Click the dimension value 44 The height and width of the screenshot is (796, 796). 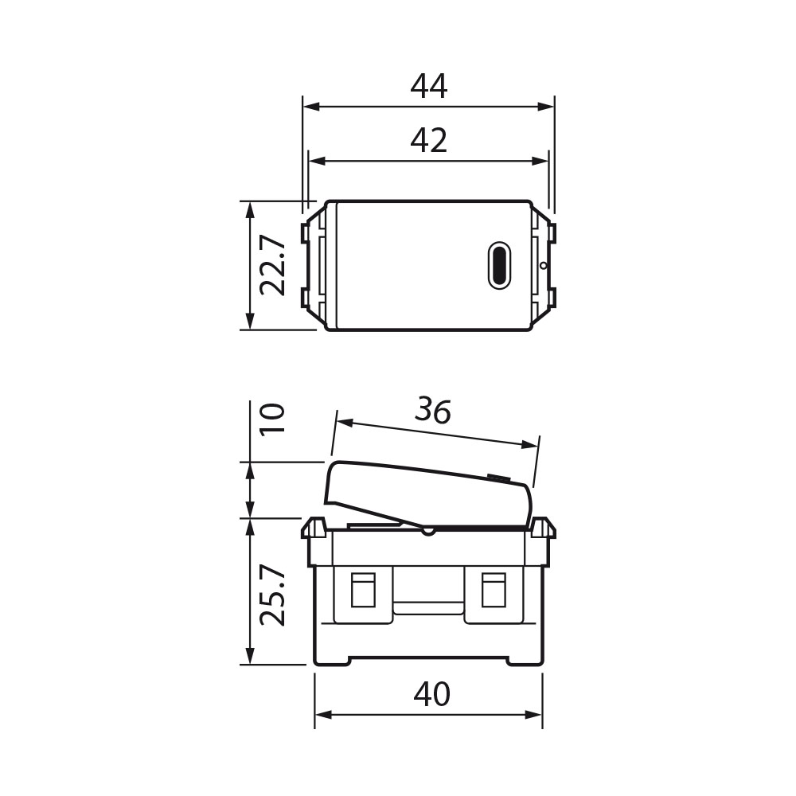(x=429, y=86)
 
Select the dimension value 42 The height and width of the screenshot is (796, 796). (x=429, y=141)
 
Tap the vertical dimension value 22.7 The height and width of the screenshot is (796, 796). (x=273, y=265)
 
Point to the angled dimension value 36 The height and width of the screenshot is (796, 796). (x=433, y=411)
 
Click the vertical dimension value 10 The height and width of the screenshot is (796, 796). (x=273, y=418)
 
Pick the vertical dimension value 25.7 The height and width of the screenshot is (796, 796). (x=273, y=596)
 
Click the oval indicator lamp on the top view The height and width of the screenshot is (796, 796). (x=499, y=265)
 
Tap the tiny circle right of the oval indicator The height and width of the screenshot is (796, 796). (x=543, y=266)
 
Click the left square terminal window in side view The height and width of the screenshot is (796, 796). (x=363, y=590)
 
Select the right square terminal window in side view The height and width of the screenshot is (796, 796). (x=494, y=590)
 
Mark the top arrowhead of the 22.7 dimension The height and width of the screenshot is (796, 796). (x=250, y=208)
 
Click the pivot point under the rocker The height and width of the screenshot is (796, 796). (x=427, y=529)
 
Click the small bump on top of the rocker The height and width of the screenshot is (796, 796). (x=498, y=478)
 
